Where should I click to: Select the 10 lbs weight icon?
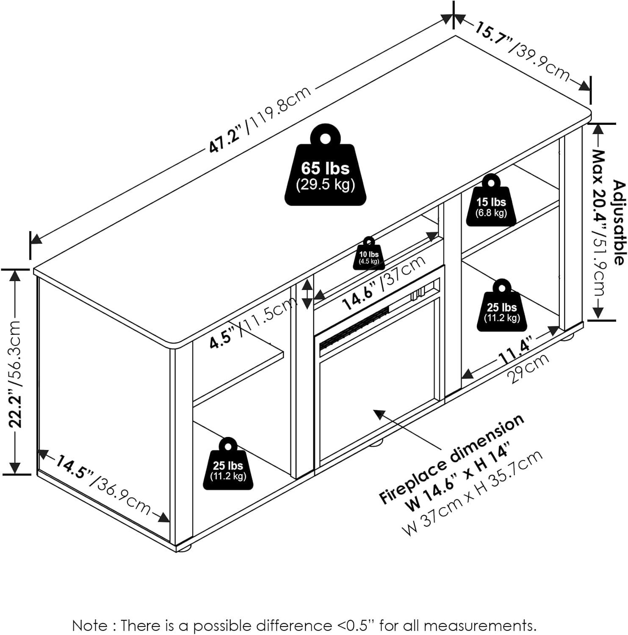coord(369,255)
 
